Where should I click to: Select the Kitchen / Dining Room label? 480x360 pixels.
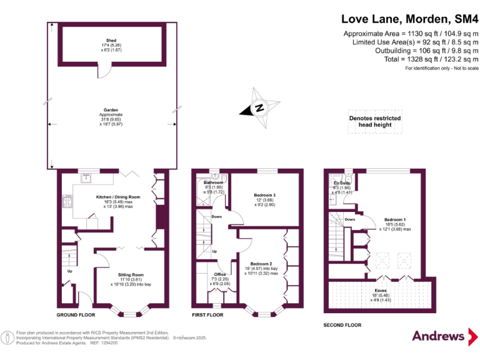coord(118,197)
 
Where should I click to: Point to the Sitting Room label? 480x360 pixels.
coord(131,274)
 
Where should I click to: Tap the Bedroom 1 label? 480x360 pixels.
coord(394,220)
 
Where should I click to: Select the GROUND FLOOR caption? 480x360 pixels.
coord(77,314)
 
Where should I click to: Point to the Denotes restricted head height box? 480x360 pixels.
coord(375,122)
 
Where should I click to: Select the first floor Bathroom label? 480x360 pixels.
coord(213,182)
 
